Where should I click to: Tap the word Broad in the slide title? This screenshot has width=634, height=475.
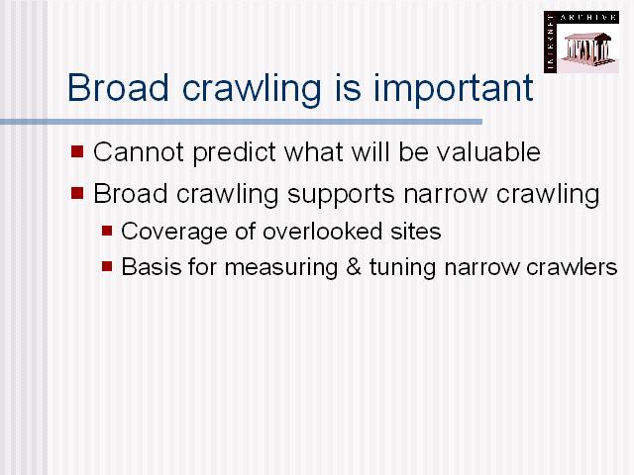[118, 87]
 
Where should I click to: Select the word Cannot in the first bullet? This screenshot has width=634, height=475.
[139, 151]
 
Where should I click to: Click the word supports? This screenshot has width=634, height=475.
[341, 195]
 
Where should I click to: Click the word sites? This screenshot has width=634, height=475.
[415, 232]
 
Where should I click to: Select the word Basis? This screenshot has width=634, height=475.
[152, 267]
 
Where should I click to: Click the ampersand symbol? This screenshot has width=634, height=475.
[354, 267]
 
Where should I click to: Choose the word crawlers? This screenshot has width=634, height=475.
[572, 267]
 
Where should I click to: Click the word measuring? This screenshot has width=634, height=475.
[281, 268]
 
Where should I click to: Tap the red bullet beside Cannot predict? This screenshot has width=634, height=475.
[77, 151]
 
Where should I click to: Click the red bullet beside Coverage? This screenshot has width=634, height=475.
[107, 231]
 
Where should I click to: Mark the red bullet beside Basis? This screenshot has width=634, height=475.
[107, 266]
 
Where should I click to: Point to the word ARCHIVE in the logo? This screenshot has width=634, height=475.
[588, 18]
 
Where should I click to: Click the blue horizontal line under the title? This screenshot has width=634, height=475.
[241, 122]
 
